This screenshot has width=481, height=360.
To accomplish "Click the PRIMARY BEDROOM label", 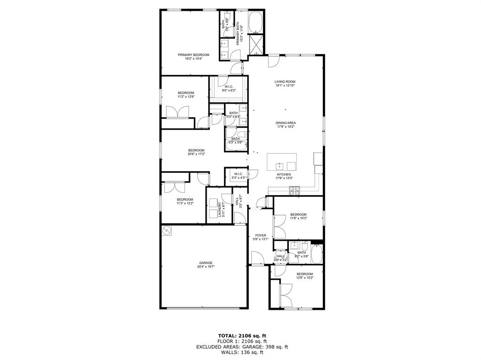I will point(194,55).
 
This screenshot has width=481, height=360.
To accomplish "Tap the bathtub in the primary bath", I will point(256,22).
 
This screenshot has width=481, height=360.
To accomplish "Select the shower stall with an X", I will point(256,45).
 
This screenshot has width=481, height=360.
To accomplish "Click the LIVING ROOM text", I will point(285,82).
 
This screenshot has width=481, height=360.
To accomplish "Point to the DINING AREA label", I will point(285,123).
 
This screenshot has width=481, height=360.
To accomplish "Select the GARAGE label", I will point(206,263).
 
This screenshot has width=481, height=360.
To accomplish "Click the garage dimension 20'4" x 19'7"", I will point(206,267).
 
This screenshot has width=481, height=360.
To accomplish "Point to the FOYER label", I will point(261,235).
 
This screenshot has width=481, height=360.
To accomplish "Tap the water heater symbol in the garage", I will point(167,231).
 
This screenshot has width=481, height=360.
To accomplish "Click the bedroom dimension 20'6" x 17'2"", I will point(196,154).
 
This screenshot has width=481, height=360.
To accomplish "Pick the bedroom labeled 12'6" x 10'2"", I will point(304,276).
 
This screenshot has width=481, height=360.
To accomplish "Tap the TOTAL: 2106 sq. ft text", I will point(242,336).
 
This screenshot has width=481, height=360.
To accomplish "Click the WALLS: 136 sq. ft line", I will point(242,352).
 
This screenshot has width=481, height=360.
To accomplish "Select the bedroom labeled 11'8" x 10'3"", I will point(298,216).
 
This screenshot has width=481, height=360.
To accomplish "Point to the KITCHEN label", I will point(284,174).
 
